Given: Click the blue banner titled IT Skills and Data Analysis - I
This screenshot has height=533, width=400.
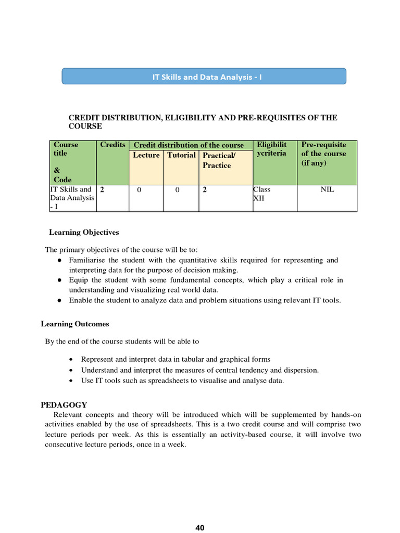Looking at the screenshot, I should coord(204,76).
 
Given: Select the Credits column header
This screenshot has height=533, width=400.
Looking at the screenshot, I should coord(113,145).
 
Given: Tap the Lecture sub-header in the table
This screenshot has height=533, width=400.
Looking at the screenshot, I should coord(146,155).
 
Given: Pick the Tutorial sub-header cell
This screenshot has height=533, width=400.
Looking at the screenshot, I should coord(181,155).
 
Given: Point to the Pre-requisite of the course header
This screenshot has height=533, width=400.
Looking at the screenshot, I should coord(323,154).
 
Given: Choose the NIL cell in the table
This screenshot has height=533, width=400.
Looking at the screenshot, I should coord(327,189).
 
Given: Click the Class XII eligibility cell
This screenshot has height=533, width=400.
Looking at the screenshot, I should coord(261,194).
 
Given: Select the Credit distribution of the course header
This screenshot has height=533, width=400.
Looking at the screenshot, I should coord(189,145).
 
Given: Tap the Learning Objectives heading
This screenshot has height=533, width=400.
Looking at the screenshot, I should coord(84,232).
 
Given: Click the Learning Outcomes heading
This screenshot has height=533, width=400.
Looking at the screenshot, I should coord(75,324).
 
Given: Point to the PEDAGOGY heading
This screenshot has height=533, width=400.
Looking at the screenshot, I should coord(64,405).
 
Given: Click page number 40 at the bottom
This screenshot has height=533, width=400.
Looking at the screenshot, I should coord(200,528).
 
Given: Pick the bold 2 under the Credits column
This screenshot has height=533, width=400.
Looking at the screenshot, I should coord(102,190).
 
